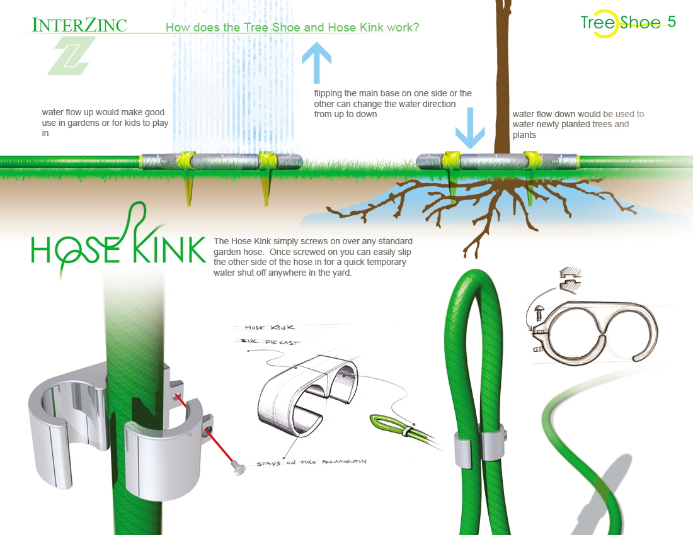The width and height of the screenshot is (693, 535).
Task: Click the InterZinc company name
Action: tap(79, 25)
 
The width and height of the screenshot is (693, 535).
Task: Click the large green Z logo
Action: tap(71, 56)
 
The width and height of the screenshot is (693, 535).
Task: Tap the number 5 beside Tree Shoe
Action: tap(672, 22)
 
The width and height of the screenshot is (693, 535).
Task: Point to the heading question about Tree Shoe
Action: tap(292, 28)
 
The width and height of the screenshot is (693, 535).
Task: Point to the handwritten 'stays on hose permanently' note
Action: tap(311, 463)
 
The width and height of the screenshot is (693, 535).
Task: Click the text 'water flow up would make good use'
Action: tap(105, 123)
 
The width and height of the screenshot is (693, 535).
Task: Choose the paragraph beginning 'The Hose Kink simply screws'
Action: tap(313, 257)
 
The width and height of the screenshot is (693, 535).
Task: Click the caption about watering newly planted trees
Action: tap(578, 124)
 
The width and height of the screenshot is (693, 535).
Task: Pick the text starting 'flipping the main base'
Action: tap(392, 103)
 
